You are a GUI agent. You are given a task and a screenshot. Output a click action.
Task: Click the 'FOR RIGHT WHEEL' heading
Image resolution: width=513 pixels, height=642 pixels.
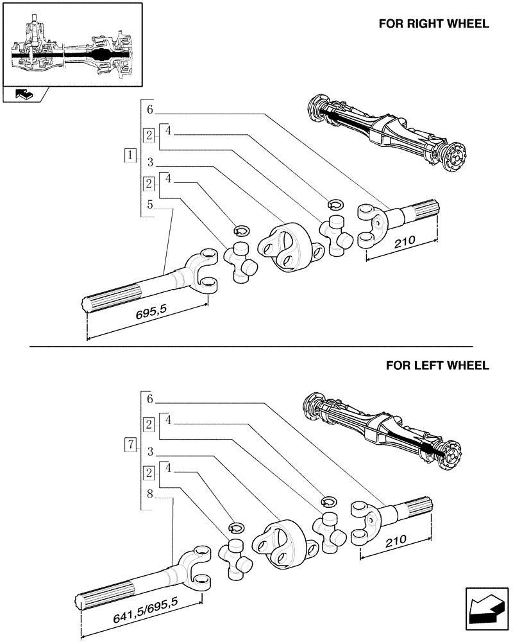[433, 24]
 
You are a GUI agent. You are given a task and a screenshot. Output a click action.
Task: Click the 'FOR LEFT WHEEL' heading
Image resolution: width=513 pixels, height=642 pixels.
[437, 365]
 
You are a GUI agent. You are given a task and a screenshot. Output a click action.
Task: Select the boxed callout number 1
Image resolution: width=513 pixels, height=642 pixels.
[130, 155]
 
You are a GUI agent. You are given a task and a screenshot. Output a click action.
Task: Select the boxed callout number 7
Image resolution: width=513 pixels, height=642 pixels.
[130, 444]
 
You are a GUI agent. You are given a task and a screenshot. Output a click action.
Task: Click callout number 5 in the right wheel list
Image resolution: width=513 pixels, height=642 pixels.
[149, 205]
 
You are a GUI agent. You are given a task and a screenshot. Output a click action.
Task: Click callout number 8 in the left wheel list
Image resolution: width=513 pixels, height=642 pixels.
[149, 494]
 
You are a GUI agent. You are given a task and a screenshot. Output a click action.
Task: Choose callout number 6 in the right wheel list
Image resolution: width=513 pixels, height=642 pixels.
[149, 110]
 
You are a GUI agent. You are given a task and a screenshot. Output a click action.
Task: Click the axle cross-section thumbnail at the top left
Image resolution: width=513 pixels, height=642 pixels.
[71, 44]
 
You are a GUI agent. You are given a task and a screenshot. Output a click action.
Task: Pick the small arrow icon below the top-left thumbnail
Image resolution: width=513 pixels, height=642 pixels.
[24, 95]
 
